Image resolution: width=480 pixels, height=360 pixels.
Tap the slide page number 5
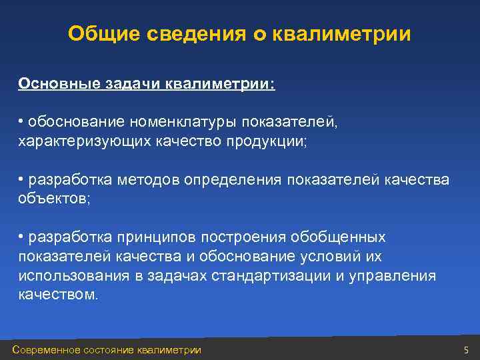(x=466, y=350)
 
